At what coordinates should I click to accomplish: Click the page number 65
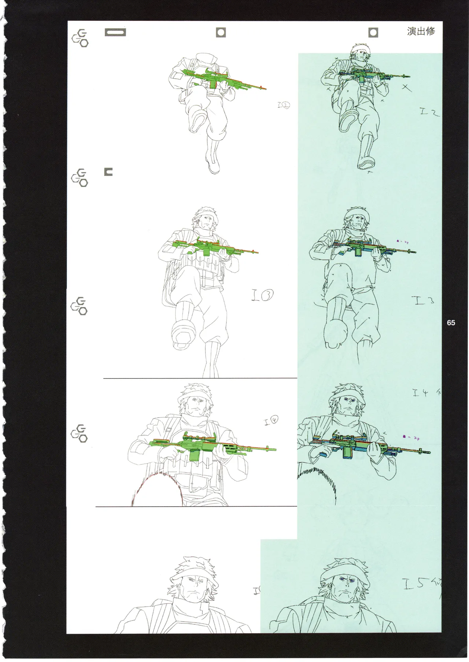click(x=451, y=323)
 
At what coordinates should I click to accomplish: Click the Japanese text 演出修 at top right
click(x=421, y=32)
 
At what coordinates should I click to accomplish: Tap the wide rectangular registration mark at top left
click(x=115, y=33)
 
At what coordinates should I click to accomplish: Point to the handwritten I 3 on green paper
click(x=425, y=302)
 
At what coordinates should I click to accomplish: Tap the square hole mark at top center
click(x=221, y=33)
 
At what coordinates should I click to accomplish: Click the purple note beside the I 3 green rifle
click(x=402, y=242)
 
